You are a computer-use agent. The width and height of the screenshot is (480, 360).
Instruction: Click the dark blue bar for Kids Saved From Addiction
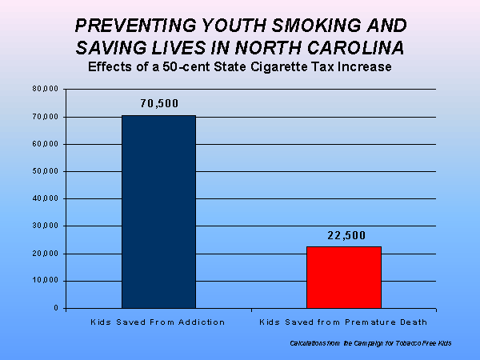coord(158,212)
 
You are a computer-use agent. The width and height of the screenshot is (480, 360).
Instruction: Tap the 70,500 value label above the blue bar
coord(158,103)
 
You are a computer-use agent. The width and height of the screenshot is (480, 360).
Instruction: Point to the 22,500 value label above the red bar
coord(344,235)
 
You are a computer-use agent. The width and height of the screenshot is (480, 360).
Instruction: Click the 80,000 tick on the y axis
coord(45,89)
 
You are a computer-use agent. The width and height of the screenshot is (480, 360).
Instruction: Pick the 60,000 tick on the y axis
coord(45,144)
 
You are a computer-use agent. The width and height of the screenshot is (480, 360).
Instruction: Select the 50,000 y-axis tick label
coord(45,171)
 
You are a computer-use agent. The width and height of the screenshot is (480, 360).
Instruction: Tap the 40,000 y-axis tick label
coord(45,198)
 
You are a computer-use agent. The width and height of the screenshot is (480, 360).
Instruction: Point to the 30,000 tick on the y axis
coord(45,226)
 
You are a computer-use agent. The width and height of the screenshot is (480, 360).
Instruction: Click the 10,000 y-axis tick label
coord(45,281)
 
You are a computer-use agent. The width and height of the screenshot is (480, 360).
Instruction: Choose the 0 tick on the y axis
coord(55,308)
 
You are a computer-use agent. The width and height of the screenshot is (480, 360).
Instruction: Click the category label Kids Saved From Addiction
coord(158,322)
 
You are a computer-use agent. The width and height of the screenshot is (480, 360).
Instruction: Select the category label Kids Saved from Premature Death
coord(344,322)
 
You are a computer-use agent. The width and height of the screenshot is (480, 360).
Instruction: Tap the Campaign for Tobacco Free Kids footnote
coord(371,343)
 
